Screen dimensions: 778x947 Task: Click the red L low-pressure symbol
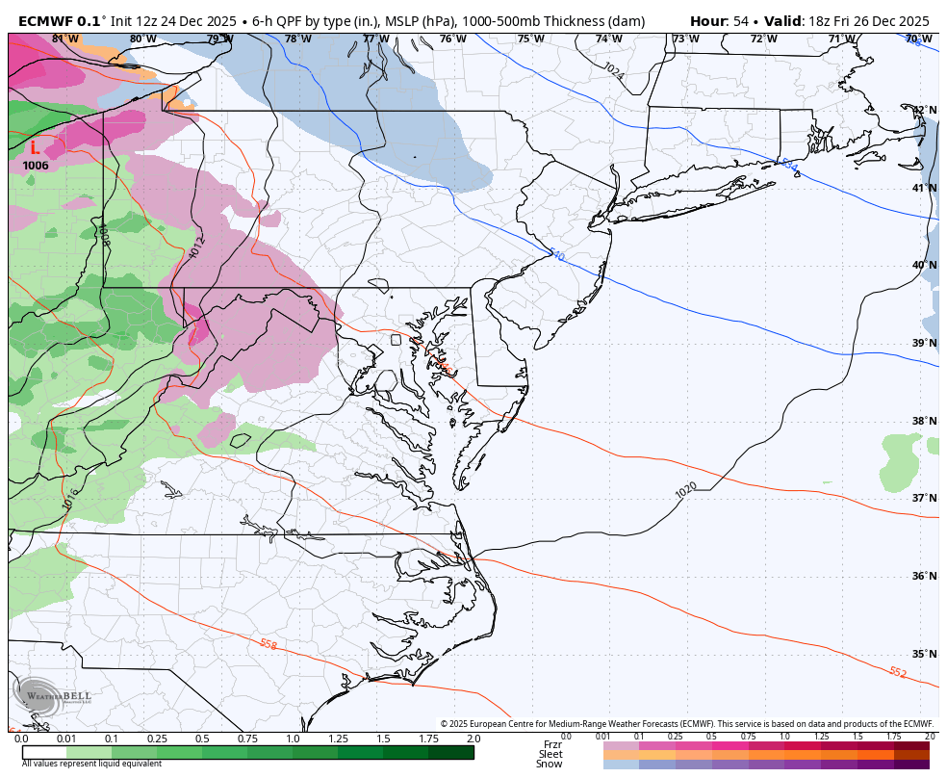pos(35,147)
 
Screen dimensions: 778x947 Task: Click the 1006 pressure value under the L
pos(36,166)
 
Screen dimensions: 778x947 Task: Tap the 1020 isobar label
pos(686,490)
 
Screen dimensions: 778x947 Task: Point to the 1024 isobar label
pos(613,69)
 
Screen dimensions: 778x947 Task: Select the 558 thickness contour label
pos(268,644)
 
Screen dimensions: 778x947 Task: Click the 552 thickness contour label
pos(897,672)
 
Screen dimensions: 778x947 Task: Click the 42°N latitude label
pos(925,111)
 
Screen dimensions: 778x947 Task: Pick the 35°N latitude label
pos(925,654)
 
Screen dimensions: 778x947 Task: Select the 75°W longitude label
pos(530,39)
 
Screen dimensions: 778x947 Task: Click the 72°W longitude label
pos(763,39)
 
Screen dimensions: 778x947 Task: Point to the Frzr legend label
pos(552,744)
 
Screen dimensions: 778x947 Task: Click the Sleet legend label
pos(550,754)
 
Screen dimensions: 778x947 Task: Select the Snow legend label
pos(550,765)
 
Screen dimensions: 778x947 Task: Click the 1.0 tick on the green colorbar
pos(293,739)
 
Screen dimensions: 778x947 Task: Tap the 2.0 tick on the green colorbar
pos(473,739)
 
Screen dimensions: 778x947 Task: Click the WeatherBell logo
pos(43,696)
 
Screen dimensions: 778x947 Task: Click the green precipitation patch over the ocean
pos(902,460)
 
